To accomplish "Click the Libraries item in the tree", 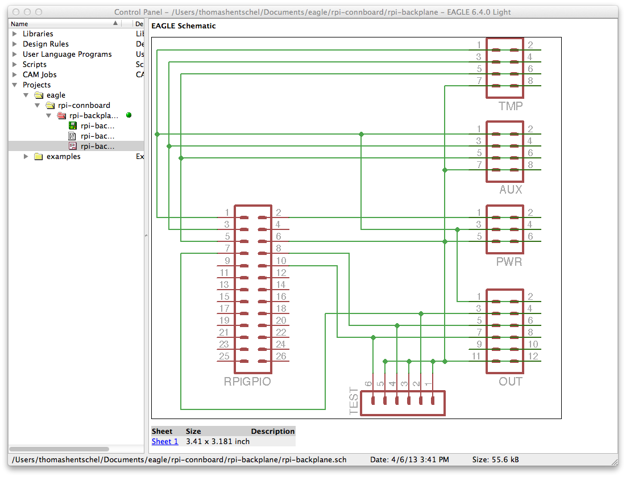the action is tap(38, 34).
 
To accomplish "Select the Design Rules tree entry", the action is tap(45, 44).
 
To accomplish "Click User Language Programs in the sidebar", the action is tap(67, 55).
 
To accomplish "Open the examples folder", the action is tap(63, 156).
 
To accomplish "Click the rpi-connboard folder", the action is tap(84, 105).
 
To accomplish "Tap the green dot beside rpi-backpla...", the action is tap(128, 115).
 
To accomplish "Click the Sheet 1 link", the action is tap(165, 441).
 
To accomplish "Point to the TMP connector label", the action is tap(510, 106).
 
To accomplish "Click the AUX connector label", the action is tap(511, 190).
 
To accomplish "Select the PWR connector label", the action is tap(509, 262).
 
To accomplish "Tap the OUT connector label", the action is tap(510, 382).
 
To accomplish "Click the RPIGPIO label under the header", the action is tap(247, 382).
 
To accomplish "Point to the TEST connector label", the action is tap(354, 401).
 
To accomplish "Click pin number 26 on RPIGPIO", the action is tap(281, 356).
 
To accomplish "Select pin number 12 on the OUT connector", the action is tap(533, 356).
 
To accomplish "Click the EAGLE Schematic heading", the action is tap(183, 26).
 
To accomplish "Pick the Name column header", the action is tap(19, 24).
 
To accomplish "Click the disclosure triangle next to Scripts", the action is tap(15, 64).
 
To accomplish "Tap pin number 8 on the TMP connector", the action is tap(530, 81).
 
